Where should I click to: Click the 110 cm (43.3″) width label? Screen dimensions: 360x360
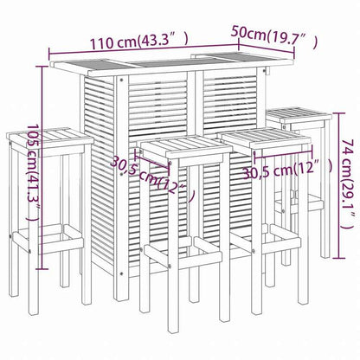138,40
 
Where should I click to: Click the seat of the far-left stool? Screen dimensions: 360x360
49,138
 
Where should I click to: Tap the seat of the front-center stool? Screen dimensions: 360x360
186,150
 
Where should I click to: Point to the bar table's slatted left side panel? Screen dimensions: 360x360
102,173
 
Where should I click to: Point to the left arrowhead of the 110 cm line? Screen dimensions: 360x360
50,62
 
